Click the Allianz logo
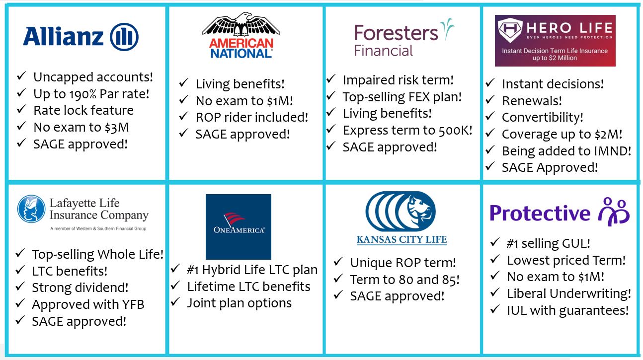(80, 36)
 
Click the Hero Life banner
(555, 41)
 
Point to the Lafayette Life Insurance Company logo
(83, 213)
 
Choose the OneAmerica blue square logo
(239, 226)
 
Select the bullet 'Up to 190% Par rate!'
(91, 93)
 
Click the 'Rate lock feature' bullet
(83, 110)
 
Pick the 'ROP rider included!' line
(251, 117)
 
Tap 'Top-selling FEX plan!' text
(402, 97)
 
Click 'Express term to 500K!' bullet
(407, 131)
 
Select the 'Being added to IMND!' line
(566, 151)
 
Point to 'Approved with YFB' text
(88, 304)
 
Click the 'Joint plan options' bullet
(239, 303)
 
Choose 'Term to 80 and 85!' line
(404, 280)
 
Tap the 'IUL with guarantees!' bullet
(567, 311)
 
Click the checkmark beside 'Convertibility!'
(490, 118)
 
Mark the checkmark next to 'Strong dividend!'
(20, 288)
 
